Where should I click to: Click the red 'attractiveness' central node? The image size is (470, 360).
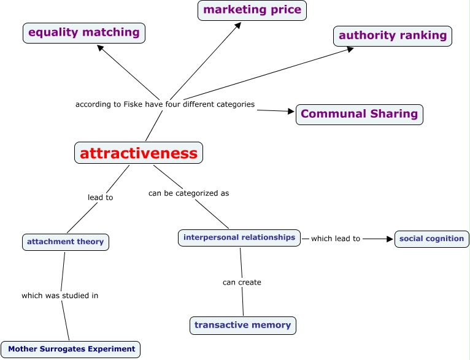point(139,153)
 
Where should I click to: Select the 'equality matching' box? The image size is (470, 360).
point(84,33)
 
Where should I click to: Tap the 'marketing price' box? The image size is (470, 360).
point(252,10)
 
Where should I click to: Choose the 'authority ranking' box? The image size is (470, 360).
point(393,36)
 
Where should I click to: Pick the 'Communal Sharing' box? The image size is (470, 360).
point(360,114)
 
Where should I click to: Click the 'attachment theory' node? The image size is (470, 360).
point(66,242)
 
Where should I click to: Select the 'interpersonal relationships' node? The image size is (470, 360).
point(239,237)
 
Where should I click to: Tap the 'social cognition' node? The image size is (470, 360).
point(432,239)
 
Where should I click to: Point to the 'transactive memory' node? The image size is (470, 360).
point(243,325)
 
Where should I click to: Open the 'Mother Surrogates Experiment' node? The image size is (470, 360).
point(71,349)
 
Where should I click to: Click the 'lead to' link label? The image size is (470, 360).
point(101,197)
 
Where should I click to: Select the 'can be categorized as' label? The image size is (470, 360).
point(188,193)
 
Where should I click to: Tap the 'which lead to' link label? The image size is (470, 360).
point(335,239)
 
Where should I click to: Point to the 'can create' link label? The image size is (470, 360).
point(242,282)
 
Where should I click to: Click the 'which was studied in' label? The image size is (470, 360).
point(60,296)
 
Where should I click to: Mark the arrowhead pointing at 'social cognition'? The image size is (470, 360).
point(389,239)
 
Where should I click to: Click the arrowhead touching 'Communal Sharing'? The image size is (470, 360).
point(291,111)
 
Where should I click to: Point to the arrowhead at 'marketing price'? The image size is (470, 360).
point(237,26)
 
